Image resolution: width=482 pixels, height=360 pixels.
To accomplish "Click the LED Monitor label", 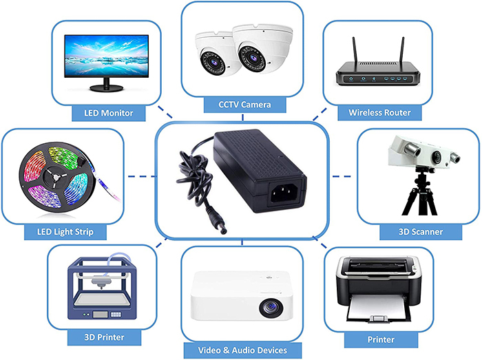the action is [x=109, y=113].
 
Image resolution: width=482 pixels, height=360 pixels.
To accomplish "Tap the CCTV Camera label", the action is [x=244, y=105].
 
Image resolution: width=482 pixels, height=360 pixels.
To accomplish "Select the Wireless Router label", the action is [x=379, y=112].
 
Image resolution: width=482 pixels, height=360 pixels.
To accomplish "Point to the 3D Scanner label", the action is [x=421, y=231].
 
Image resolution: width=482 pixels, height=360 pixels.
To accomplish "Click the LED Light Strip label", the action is [x=65, y=231].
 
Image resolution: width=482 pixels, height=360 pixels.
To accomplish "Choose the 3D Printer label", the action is [x=104, y=337].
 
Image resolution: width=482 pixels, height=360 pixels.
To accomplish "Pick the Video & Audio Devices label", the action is [x=242, y=350].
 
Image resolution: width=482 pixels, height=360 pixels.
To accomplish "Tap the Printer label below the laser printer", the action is [x=381, y=339].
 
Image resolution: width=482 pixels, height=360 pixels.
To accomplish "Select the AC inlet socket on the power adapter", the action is [x=284, y=193].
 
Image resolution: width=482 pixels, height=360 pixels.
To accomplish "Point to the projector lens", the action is [x=271, y=308].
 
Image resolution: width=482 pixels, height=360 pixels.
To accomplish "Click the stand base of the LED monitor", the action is [x=106, y=88].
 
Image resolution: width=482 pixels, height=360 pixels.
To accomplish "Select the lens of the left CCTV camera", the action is [x=211, y=61].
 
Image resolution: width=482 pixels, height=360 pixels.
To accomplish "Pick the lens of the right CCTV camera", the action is [x=253, y=59].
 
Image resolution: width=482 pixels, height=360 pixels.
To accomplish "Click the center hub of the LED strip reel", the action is [x=55, y=177].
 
